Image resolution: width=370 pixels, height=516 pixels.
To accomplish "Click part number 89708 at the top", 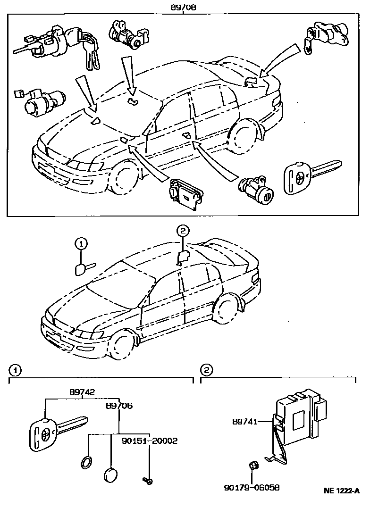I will [x=184, y=8].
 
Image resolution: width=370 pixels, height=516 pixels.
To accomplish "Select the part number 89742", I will [x=82, y=392].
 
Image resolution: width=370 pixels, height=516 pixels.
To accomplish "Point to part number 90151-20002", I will [x=149, y=441].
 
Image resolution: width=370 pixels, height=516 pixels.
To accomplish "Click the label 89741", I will [x=244, y=422].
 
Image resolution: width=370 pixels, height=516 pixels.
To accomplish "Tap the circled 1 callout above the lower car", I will [x=81, y=244].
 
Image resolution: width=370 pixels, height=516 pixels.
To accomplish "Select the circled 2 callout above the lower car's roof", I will [x=183, y=231].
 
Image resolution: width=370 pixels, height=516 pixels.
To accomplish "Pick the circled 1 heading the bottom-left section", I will [x=15, y=370].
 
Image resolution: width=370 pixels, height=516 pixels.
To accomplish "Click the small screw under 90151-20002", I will [x=147, y=480].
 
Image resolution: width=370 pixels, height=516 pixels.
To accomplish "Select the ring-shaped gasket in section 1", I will [x=86, y=463].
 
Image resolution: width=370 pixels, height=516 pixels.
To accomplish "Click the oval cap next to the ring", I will [x=110, y=474].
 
